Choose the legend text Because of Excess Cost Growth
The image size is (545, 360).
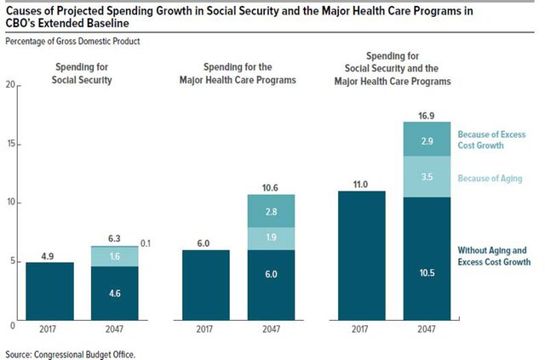point(491,140)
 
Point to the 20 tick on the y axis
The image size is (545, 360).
point(10,85)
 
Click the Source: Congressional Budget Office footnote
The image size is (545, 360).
point(70,352)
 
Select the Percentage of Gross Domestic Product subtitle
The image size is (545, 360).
point(72,42)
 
